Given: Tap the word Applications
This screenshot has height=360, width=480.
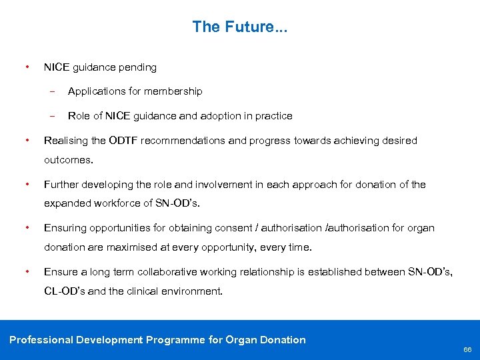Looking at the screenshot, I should tap(95, 91).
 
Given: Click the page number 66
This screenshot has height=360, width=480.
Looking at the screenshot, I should tap(467, 350).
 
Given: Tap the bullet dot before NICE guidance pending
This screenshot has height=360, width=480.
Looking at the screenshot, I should tap(25, 67).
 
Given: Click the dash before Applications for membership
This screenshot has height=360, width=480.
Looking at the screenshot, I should tap(52, 91).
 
